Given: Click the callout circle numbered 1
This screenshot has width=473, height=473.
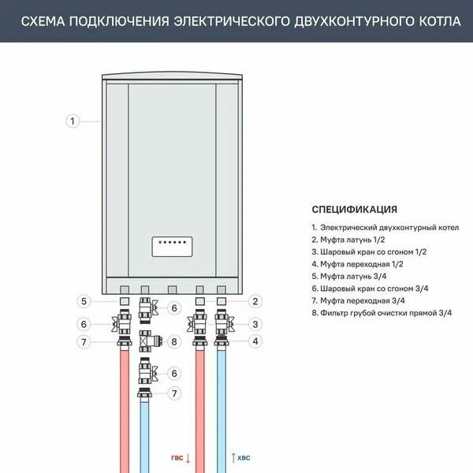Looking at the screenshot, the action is pos(72,121).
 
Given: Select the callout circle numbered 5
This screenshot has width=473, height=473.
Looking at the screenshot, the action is pos(84,301).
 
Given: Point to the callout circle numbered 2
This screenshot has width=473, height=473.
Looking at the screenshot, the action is pos(255,301).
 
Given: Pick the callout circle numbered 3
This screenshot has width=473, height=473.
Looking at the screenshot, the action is pos(255,323).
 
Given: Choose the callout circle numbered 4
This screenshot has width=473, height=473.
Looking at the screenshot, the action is pos(255,341).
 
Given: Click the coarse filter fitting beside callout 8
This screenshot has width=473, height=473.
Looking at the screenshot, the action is pos(148,341).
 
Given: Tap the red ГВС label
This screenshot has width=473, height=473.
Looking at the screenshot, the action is pos(178,456).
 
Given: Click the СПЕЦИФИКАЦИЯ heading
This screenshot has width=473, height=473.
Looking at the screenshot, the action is pos(354,210).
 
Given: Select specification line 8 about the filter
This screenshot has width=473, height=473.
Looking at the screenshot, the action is pos(382,313).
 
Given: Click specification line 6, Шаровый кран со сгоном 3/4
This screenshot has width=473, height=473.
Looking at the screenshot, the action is pos(370,289).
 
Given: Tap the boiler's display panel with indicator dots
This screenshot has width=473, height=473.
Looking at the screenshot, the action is pos(173,247).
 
